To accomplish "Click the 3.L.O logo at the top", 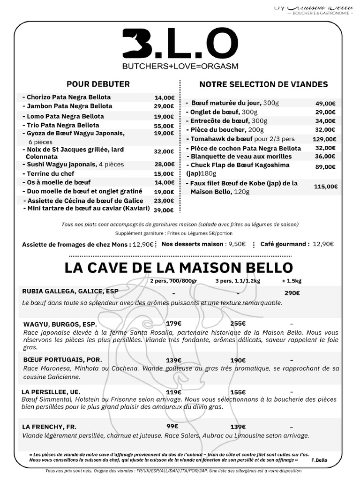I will (177, 44).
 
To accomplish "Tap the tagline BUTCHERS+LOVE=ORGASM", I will (180, 66).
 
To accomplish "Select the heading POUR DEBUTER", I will (98, 84).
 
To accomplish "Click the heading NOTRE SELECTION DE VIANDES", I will (263, 84).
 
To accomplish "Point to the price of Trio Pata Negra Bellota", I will (164, 126).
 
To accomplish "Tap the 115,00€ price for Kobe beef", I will (326, 187).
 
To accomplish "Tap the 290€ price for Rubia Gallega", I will (292, 293).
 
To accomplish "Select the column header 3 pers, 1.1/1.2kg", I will (237, 281).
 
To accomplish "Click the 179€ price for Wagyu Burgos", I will (173, 323).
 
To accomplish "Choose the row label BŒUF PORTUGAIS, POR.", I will (62, 360).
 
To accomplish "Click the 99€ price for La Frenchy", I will (172, 426).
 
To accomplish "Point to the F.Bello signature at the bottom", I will (319, 460).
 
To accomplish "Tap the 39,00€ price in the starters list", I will (164, 210).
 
